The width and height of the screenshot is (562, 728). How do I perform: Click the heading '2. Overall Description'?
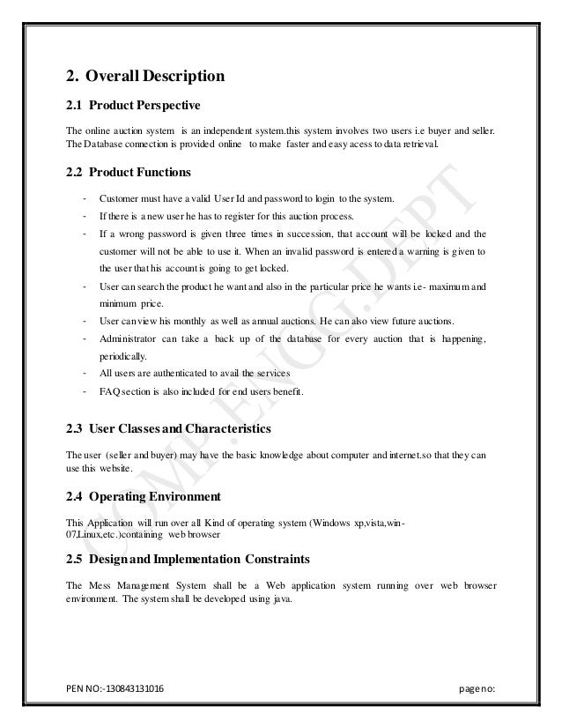pyautogui.click(x=145, y=76)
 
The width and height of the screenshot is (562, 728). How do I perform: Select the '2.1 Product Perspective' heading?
pyautogui.click(x=133, y=107)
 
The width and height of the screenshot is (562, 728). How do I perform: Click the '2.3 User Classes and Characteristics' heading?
pyautogui.click(x=168, y=429)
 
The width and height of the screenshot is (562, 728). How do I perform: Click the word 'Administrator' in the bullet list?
pyautogui.click(x=129, y=339)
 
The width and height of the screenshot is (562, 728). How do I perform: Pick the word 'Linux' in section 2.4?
pyautogui.click(x=92, y=535)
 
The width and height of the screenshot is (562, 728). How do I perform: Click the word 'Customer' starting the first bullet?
pyautogui.click(x=120, y=200)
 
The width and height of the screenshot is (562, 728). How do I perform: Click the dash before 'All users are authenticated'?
pyautogui.click(x=83, y=374)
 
